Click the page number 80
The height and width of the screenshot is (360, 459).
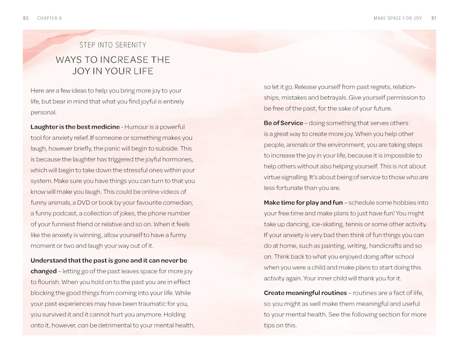point(26,18)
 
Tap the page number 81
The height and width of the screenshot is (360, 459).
point(433,18)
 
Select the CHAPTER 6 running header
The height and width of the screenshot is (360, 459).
point(49,18)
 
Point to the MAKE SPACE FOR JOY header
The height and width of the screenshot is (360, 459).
point(398,18)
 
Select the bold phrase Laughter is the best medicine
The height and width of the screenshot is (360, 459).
point(75,126)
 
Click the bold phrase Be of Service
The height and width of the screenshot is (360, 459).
point(283,123)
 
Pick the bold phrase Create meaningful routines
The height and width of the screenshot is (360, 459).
point(305,293)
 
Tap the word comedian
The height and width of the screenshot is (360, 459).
point(177,202)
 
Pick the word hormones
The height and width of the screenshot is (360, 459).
point(177,159)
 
